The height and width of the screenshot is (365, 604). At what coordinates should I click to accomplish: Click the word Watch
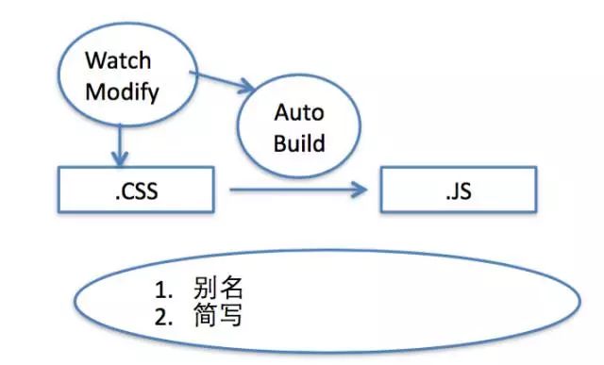(118, 61)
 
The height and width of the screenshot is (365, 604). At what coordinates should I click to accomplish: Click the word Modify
(121, 92)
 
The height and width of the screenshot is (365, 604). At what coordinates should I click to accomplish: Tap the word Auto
(298, 113)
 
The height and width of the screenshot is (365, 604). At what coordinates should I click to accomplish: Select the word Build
(298, 143)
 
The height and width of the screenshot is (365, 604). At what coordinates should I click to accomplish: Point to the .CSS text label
(131, 195)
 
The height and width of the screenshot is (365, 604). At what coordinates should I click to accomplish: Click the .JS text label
(458, 195)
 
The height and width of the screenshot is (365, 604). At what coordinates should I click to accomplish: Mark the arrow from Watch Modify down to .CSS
(118, 141)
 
